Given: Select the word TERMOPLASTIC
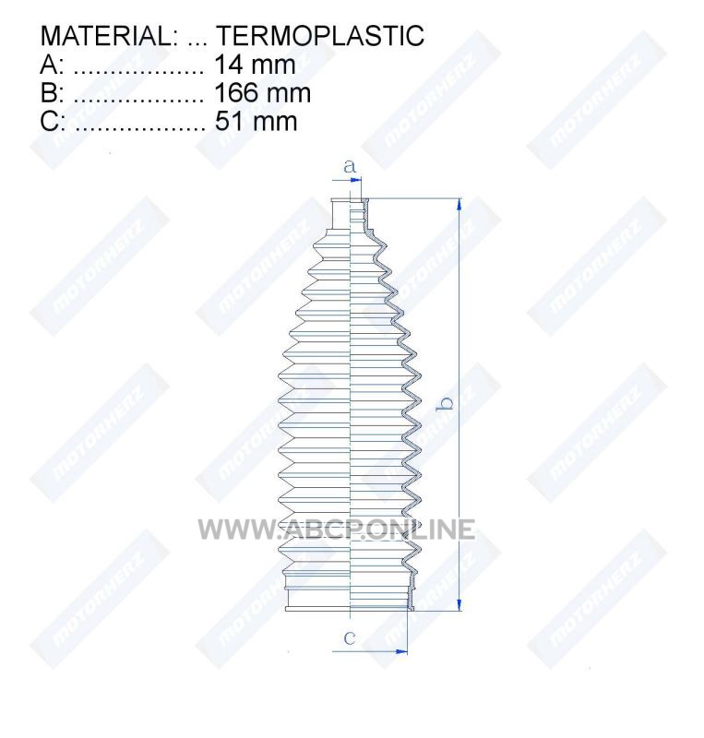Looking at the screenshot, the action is (x=320, y=36).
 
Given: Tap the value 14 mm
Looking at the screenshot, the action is (x=256, y=65).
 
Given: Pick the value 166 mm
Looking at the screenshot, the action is (x=263, y=93).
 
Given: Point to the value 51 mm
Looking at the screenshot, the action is (x=257, y=122).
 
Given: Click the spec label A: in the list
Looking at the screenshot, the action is (x=52, y=65).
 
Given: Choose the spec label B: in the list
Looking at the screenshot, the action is (x=52, y=93).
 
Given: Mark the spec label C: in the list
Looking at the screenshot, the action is (x=53, y=122).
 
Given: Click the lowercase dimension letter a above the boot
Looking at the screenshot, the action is (x=350, y=166).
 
